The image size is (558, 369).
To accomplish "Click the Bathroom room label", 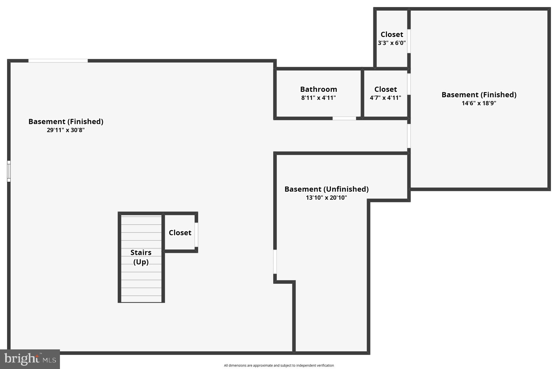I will [x=319, y=89].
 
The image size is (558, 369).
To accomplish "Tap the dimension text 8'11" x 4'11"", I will [x=319, y=98].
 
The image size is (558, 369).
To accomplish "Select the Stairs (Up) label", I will [x=141, y=257].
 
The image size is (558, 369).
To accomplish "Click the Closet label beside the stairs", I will [x=180, y=233].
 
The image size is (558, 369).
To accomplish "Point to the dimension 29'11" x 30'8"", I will [x=66, y=130].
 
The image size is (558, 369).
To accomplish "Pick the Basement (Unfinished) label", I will [x=326, y=189].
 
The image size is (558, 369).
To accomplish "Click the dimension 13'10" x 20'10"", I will [x=326, y=198].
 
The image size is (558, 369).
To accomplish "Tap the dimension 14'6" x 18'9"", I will [x=479, y=103].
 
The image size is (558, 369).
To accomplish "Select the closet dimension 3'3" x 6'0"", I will [x=392, y=43].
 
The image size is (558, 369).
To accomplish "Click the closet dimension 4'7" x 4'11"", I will [x=385, y=98].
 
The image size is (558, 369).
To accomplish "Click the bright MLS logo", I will [x=30, y=359].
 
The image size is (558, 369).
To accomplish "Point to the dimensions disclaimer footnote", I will [x=279, y=365].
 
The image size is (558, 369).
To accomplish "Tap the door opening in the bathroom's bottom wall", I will [x=344, y=118].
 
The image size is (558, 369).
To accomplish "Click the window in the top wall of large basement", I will [x=58, y=61].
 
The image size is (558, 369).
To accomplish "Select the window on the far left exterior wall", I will [x=9, y=171].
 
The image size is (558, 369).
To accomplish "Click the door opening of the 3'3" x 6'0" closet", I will [x=409, y=41].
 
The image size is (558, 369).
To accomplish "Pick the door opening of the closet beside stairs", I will [x=196, y=235].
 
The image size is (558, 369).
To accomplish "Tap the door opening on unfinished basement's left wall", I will [x=275, y=262].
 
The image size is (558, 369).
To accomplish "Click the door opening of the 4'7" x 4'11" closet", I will [x=409, y=84].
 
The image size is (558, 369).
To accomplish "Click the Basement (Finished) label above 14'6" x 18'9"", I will [x=479, y=95].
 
